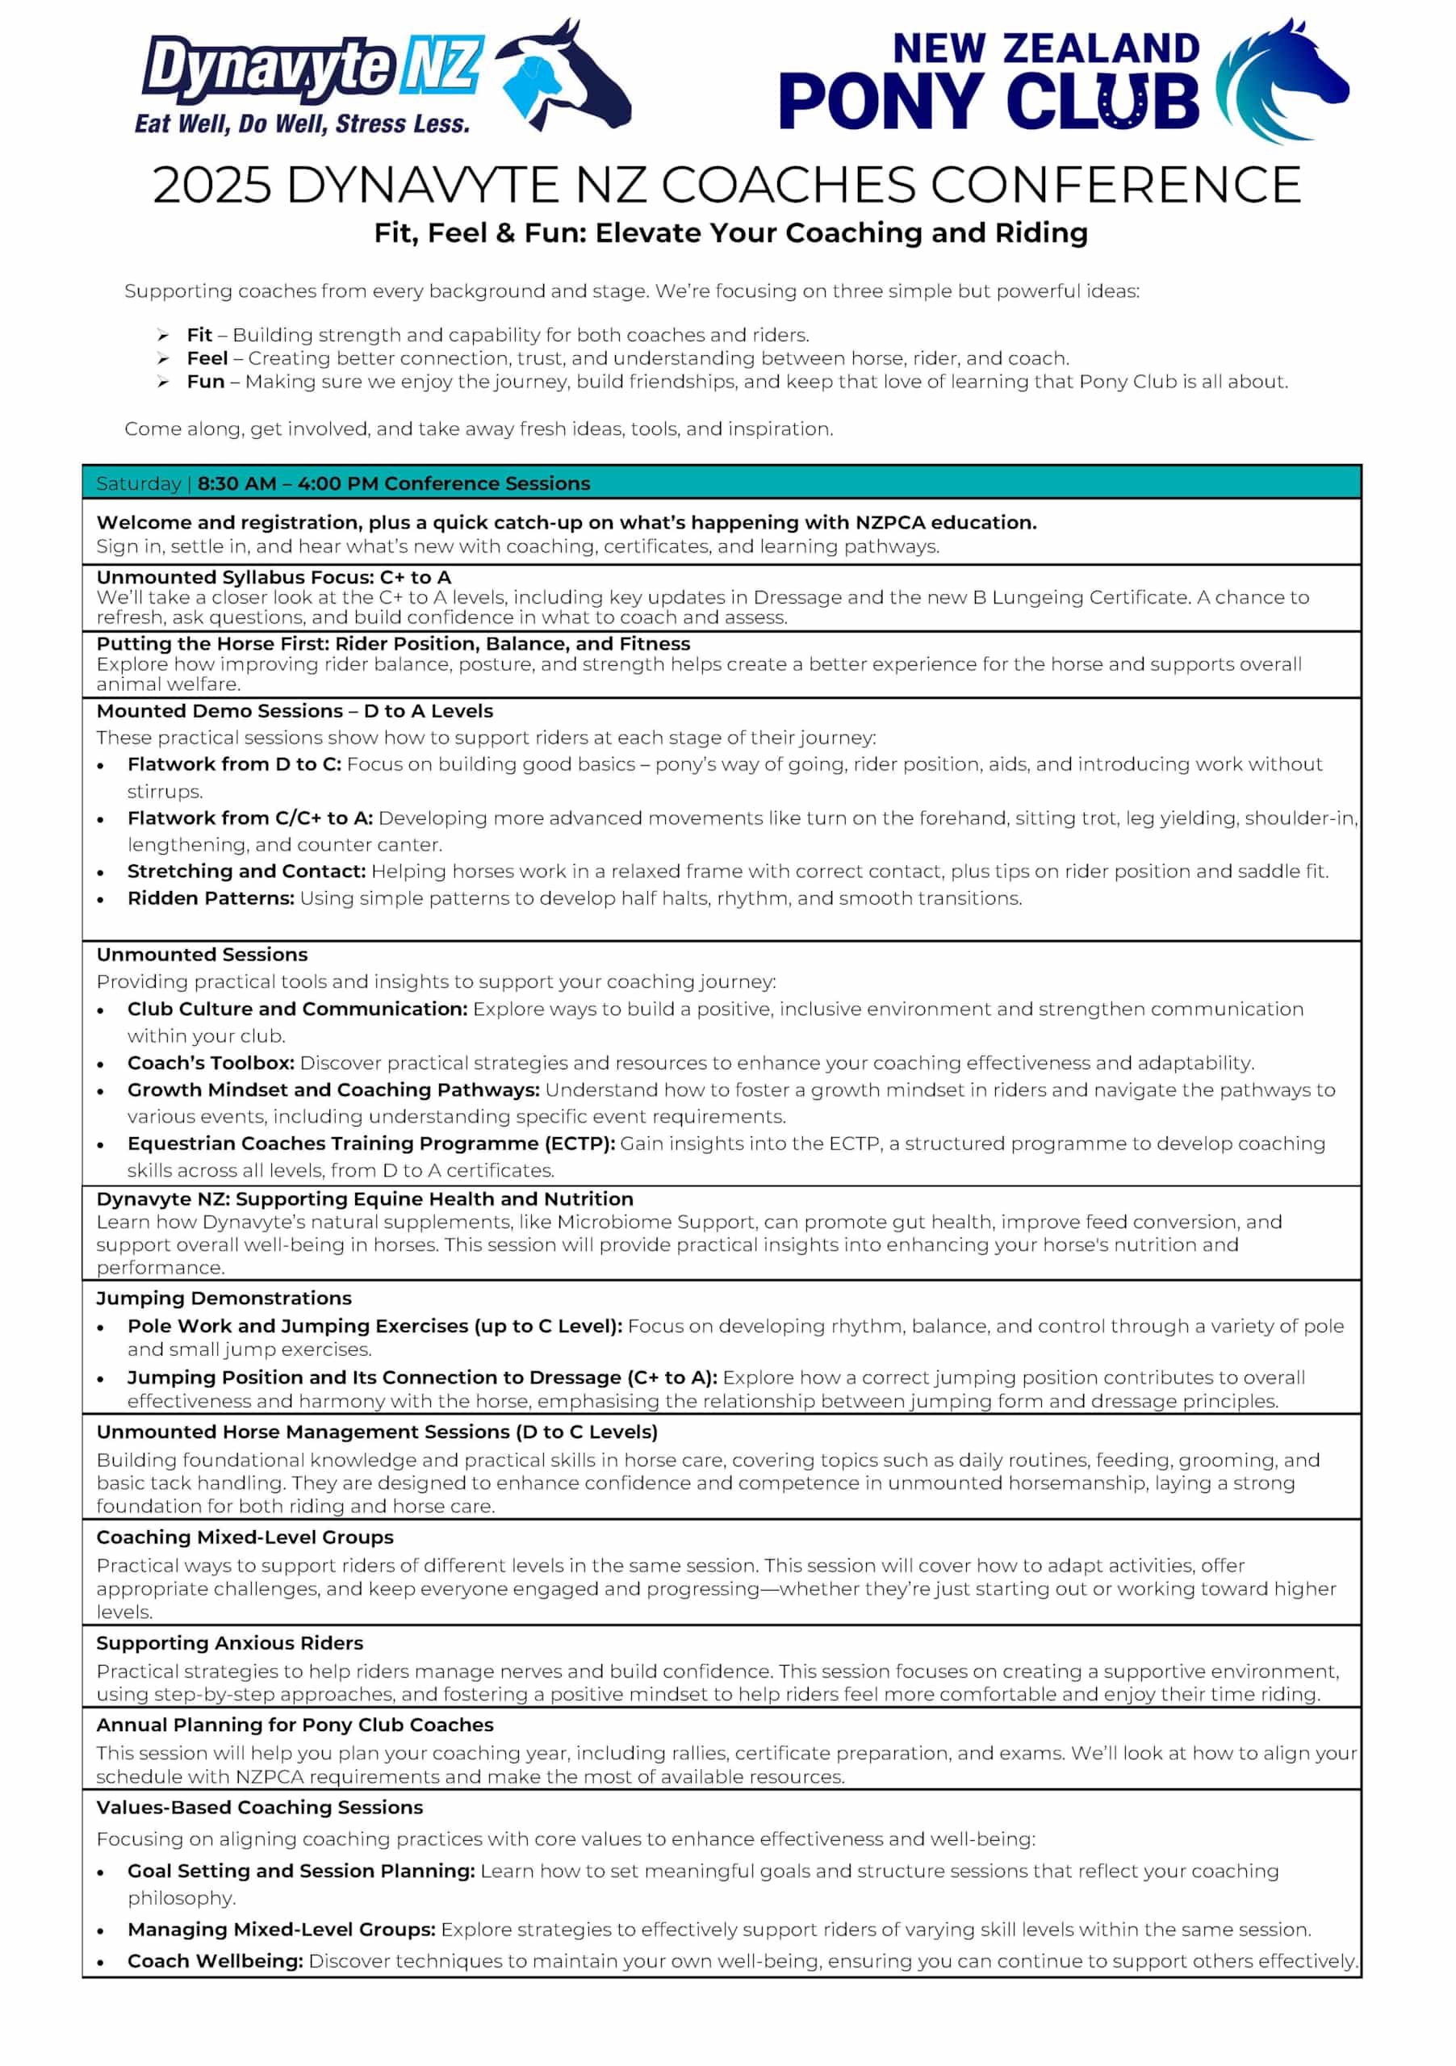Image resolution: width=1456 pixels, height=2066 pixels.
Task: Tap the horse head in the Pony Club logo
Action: [x=1282, y=81]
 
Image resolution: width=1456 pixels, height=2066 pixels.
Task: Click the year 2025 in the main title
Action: [x=211, y=186]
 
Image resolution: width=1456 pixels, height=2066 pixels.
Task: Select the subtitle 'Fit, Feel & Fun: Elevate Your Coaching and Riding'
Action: [x=730, y=233]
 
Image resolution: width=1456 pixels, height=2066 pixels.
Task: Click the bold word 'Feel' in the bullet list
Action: [x=207, y=358]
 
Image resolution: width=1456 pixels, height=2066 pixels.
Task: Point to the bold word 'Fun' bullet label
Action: [x=205, y=382]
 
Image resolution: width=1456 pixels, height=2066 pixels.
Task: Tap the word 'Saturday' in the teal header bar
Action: [x=139, y=483]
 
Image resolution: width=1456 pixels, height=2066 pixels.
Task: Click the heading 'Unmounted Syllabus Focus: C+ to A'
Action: [x=274, y=577]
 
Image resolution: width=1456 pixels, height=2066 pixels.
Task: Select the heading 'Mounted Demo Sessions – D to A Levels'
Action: [x=295, y=711]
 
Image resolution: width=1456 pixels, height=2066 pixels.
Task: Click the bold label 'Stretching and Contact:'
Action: [x=246, y=871]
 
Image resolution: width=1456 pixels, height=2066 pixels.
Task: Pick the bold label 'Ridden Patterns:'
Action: [x=211, y=898]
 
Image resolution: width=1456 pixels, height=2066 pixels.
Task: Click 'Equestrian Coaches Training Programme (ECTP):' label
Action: [x=370, y=1144]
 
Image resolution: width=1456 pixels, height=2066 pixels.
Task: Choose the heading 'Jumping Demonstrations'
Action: [x=224, y=1298]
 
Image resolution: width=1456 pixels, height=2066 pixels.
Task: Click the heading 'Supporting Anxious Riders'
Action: [x=229, y=1643]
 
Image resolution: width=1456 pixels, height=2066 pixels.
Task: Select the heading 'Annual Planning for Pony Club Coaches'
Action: [x=295, y=1725]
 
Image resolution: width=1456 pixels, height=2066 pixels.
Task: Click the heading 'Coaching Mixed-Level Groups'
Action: [x=245, y=1537]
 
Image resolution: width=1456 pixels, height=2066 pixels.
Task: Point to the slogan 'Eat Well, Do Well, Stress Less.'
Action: [x=303, y=123]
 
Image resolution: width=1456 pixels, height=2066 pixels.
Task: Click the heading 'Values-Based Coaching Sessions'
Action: [x=259, y=1808]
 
